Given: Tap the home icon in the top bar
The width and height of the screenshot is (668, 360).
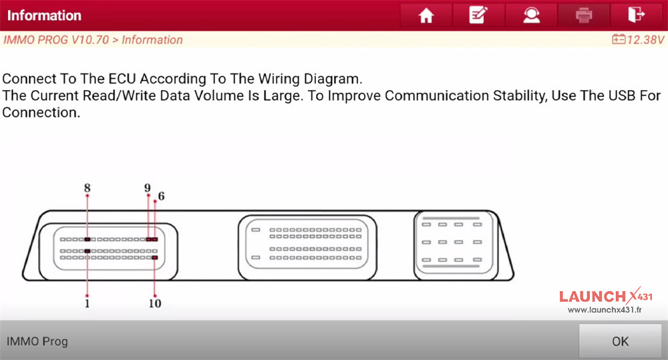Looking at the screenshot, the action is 426,16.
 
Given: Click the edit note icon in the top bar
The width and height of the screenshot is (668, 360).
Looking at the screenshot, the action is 478,15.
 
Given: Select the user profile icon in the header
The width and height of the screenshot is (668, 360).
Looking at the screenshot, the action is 531,15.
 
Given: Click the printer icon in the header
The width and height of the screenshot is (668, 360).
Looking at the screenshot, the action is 584,15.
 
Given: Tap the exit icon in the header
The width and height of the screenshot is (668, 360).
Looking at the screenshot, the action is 637,15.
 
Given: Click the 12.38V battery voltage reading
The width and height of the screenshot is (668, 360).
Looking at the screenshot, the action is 638,39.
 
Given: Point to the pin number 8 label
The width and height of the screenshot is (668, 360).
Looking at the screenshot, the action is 88,188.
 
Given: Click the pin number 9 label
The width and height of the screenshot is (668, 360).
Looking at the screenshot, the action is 148,188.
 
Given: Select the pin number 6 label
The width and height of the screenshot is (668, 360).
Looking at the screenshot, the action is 161,196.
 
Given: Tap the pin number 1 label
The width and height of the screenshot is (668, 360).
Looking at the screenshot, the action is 87,303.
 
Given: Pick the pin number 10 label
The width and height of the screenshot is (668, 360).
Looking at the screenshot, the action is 155,303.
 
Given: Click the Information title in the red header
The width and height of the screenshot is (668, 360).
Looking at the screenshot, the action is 44,15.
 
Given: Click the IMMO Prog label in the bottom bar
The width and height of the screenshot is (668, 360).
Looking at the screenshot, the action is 37,341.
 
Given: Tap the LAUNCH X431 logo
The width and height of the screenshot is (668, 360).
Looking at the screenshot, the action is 605,296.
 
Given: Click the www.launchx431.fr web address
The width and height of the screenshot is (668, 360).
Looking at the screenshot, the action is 605,310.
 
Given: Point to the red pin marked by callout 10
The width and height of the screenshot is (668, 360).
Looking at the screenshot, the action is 155,257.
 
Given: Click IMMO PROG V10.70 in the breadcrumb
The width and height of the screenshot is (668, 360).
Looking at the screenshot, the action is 56,39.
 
